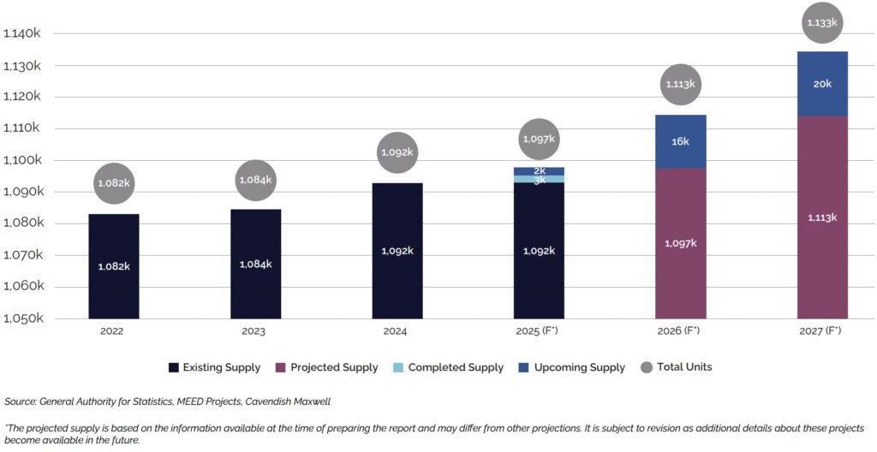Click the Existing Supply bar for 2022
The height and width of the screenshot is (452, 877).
tap(114, 266)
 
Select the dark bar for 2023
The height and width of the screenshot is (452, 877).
tap(255, 264)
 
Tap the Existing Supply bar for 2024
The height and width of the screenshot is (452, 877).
tap(397, 251)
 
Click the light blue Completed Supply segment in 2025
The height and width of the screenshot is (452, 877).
tap(539, 179)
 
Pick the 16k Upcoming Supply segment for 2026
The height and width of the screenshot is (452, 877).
tap(680, 141)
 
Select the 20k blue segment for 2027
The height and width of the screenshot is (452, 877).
tap(822, 84)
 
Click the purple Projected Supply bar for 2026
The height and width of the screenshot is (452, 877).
tap(680, 243)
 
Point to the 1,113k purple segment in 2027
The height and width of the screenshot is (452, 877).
tap(822, 217)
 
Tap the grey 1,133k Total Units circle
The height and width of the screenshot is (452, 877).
tap(822, 22)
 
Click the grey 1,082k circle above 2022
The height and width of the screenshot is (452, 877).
tap(114, 183)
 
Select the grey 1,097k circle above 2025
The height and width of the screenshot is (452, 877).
tap(539, 139)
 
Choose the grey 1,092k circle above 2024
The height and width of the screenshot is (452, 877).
tap(397, 152)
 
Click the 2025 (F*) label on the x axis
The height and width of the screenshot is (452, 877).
tap(539, 331)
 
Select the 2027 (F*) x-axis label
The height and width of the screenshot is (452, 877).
tap(822, 331)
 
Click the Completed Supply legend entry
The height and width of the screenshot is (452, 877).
tap(455, 367)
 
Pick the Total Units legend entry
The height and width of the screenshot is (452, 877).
tap(683, 367)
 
